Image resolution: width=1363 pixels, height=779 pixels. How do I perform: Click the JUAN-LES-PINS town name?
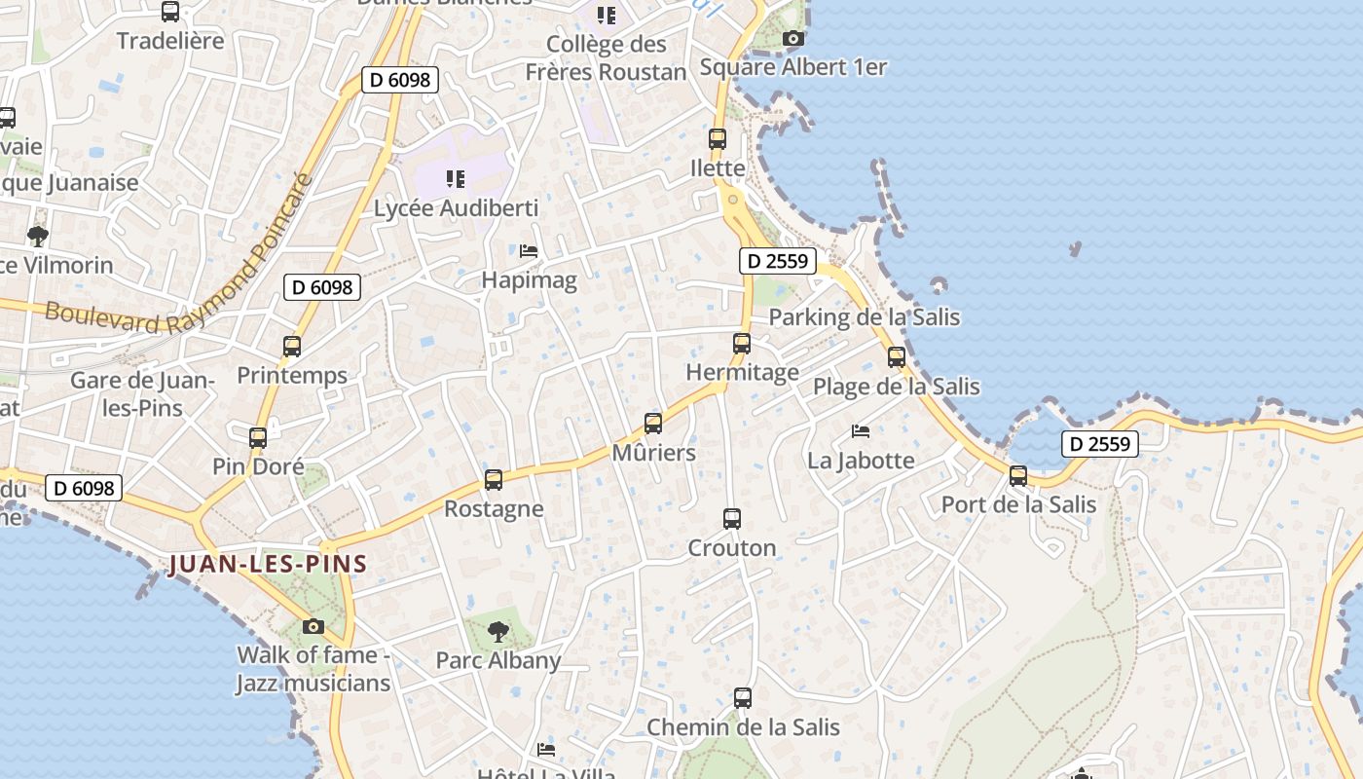pos(268,564)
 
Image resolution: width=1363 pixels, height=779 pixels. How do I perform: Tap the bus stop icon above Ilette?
pos(718,139)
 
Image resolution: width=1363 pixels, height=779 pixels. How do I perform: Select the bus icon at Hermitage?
pos(742,344)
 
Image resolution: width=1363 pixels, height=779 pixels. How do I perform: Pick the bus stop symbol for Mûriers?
pos(653,424)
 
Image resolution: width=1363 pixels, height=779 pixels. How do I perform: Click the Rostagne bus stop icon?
pos(494,480)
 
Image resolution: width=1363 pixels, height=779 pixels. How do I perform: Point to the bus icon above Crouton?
pos(732,519)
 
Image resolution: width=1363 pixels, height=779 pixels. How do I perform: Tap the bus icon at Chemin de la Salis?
pos(743,698)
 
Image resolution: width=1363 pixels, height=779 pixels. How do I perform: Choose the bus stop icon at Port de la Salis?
pos(1018,476)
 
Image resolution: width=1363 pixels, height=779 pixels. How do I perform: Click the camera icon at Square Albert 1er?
pos(793,39)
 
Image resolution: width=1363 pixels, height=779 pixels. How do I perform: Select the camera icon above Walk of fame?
pos(313,626)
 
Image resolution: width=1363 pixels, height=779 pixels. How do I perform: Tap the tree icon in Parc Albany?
pos(498,631)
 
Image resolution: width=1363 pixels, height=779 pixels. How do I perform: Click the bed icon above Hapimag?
pos(529,251)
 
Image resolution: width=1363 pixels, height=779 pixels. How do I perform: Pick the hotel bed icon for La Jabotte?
pos(861,430)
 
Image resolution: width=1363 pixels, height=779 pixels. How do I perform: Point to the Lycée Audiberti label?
pos(457,208)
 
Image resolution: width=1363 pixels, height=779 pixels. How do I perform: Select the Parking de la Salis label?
pos(865,317)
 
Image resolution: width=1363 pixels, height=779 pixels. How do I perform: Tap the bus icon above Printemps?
pos(292,346)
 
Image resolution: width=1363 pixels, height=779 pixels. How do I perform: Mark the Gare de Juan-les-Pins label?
pos(142,393)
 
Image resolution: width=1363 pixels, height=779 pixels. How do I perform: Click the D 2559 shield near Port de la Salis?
pos(1100,444)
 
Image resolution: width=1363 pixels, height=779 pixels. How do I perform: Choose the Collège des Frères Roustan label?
pos(607,58)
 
